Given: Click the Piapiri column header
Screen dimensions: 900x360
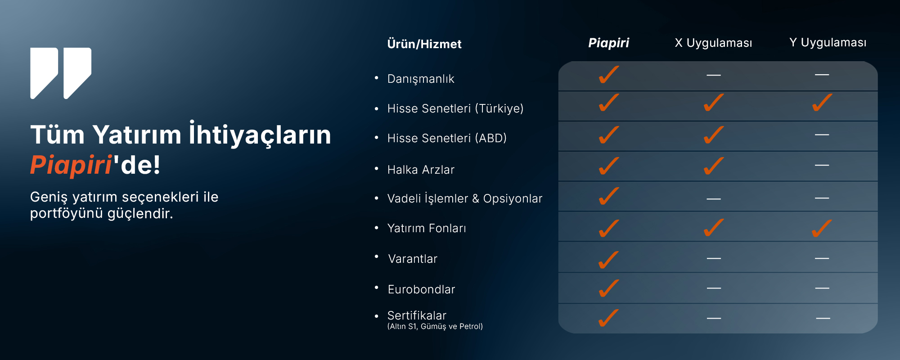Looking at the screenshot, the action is (x=608, y=43).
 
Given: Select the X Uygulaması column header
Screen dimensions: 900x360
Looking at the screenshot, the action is (x=713, y=43).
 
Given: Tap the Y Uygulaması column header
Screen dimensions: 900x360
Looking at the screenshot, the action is (x=828, y=43).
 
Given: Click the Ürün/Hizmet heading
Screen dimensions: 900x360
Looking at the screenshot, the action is (x=424, y=44).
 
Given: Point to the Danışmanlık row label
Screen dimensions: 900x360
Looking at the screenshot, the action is (x=421, y=79).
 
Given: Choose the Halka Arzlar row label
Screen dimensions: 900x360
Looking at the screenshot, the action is (x=421, y=170).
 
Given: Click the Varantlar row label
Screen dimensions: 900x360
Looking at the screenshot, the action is (x=413, y=259).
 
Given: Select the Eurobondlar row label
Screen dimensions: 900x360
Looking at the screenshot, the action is (x=421, y=289).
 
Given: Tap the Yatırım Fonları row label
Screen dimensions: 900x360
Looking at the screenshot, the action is (x=427, y=228).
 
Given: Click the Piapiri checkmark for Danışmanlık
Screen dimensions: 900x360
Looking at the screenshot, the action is (x=608, y=75).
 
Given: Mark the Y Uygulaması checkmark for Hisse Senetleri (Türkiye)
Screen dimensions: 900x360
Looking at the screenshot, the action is (x=822, y=103).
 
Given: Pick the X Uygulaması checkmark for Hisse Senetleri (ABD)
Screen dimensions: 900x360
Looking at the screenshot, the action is (x=714, y=135).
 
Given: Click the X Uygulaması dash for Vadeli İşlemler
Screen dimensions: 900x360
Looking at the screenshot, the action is (x=714, y=198).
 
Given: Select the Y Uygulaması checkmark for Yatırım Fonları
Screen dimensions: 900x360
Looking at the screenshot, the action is (x=822, y=228).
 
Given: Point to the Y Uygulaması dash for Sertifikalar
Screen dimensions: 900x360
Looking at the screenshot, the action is (x=823, y=318).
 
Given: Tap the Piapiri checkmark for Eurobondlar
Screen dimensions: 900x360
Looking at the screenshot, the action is (x=608, y=288).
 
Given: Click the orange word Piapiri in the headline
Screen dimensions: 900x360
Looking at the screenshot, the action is (x=71, y=165).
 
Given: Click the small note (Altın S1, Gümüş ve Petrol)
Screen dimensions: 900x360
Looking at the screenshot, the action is (x=435, y=327).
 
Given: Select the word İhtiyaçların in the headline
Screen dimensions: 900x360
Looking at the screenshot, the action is (x=260, y=134).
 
